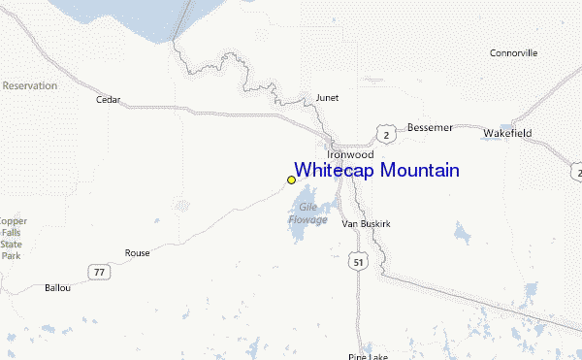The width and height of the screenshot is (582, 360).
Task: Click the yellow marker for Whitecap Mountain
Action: point(291,180)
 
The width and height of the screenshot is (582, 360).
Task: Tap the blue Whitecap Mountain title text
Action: point(376,171)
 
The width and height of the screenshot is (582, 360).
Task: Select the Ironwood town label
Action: point(350,154)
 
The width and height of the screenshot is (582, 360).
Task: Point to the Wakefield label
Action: point(508,133)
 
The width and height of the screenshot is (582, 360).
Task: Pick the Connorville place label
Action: point(513,52)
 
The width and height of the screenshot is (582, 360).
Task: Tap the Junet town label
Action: point(327,97)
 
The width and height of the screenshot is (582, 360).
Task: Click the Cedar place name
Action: point(108,99)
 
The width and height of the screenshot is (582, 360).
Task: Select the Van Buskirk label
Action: point(366,223)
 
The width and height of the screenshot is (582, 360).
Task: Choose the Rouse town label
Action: point(138,253)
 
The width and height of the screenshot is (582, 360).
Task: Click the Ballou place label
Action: point(58,287)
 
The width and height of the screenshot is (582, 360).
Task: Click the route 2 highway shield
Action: point(386,133)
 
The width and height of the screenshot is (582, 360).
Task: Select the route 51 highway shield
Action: point(360,263)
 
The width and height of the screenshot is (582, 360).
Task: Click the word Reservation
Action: point(29,85)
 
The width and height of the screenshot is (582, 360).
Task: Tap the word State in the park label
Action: point(12,245)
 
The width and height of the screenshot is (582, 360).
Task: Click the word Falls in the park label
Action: point(12,233)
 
